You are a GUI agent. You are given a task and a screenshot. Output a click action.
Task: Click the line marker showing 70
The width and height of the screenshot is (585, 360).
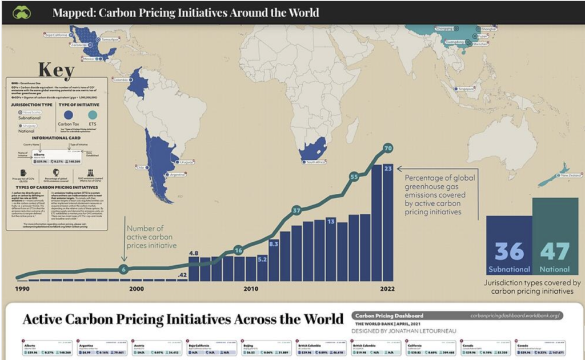pyautogui.click(x=388, y=149)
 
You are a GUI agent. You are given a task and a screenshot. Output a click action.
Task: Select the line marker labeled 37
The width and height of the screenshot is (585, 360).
pyautogui.click(x=296, y=211)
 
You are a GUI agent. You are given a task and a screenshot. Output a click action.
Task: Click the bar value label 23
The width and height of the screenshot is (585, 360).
pyautogui.click(x=388, y=169)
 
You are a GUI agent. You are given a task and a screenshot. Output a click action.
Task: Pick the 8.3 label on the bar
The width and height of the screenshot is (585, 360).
pyautogui.click(x=273, y=244)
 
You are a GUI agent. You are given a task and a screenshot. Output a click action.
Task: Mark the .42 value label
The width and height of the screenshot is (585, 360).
pyautogui.click(x=182, y=275)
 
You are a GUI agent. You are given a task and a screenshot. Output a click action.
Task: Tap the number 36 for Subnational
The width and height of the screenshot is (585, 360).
pyautogui.click(x=509, y=251)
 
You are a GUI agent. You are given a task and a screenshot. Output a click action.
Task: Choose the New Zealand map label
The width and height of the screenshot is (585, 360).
pyautogui.click(x=571, y=175)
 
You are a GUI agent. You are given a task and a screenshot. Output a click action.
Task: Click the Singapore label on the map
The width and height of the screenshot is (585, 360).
pyautogui.click(x=465, y=89)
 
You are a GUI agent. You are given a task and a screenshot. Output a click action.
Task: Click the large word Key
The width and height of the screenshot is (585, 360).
pyautogui.click(x=55, y=70)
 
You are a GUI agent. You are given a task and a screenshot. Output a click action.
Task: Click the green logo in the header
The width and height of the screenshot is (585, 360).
pyautogui.click(x=21, y=12)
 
